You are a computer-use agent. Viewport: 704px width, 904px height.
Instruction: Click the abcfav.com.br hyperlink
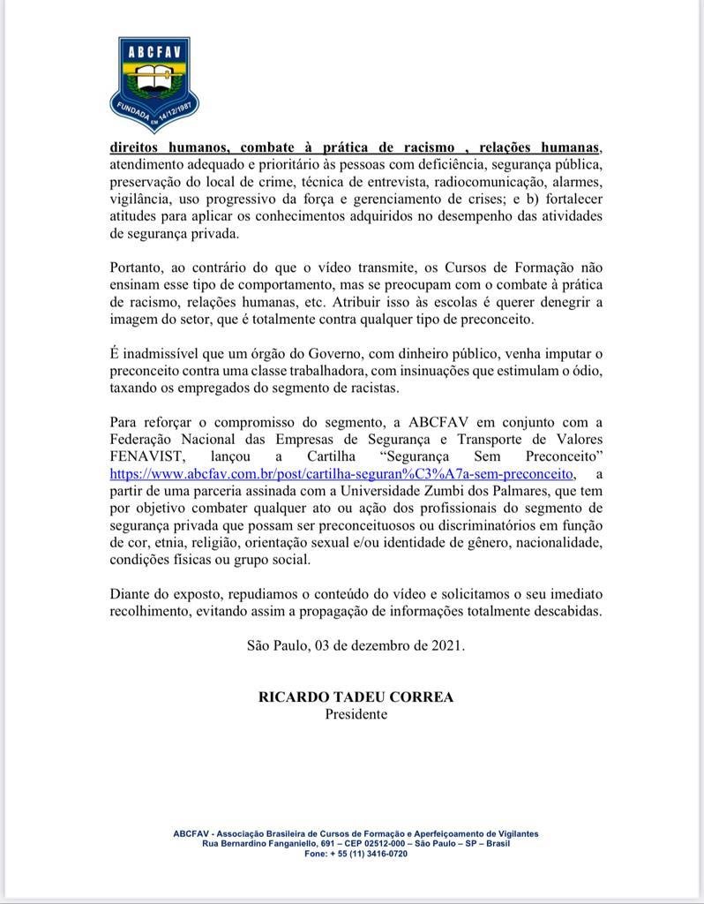tap(341, 473)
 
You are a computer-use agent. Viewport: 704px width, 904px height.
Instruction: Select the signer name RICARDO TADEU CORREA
tap(356, 697)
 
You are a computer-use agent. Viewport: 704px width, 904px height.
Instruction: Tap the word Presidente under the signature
tap(356, 713)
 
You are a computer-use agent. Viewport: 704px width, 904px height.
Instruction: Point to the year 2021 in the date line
tap(445, 644)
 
